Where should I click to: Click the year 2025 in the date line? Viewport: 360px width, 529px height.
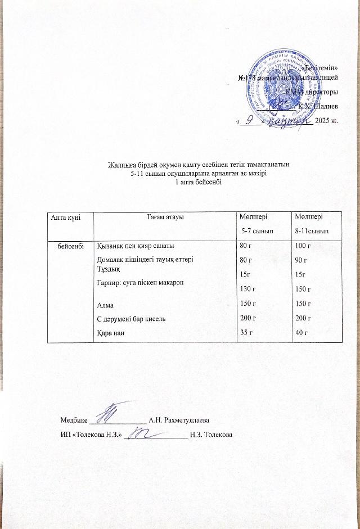coord(323,120)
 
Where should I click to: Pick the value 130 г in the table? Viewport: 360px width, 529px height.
coord(248,290)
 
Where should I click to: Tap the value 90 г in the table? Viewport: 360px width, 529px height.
coord(301,260)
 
